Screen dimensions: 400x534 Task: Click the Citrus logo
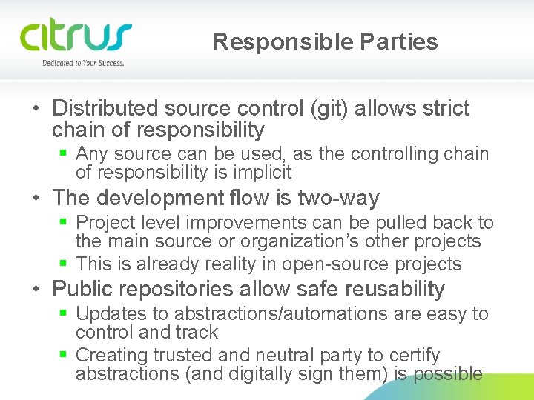[x=76, y=37]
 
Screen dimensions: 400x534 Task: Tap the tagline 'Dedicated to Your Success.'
[x=83, y=64]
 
